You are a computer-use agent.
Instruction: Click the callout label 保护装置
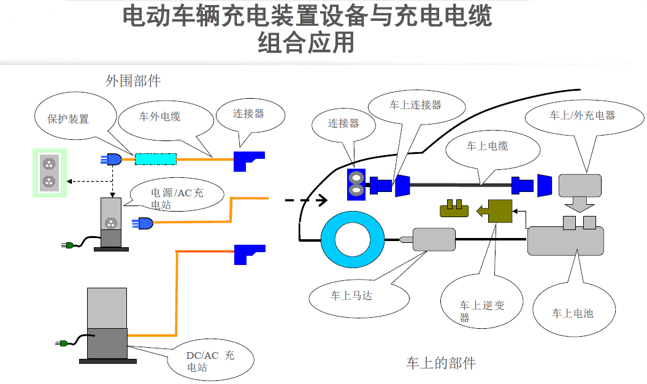click(x=68, y=119)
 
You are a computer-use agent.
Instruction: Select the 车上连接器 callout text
click(x=415, y=105)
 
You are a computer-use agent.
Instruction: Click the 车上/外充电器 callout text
click(x=581, y=115)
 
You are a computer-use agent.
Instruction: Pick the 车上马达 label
click(x=351, y=296)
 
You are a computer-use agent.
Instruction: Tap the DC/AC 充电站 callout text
click(x=210, y=361)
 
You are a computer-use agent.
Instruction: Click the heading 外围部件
click(x=133, y=81)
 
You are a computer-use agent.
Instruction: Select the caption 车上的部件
click(x=440, y=363)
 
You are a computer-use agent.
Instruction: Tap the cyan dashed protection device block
click(x=156, y=159)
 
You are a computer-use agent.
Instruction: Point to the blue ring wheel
click(x=352, y=240)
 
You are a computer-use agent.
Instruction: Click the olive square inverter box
click(x=500, y=212)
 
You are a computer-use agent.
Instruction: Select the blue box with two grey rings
click(x=356, y=185)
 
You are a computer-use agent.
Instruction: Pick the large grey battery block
click(x=565, y=241)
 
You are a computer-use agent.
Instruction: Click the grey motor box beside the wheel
click(x=434, y=239)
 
